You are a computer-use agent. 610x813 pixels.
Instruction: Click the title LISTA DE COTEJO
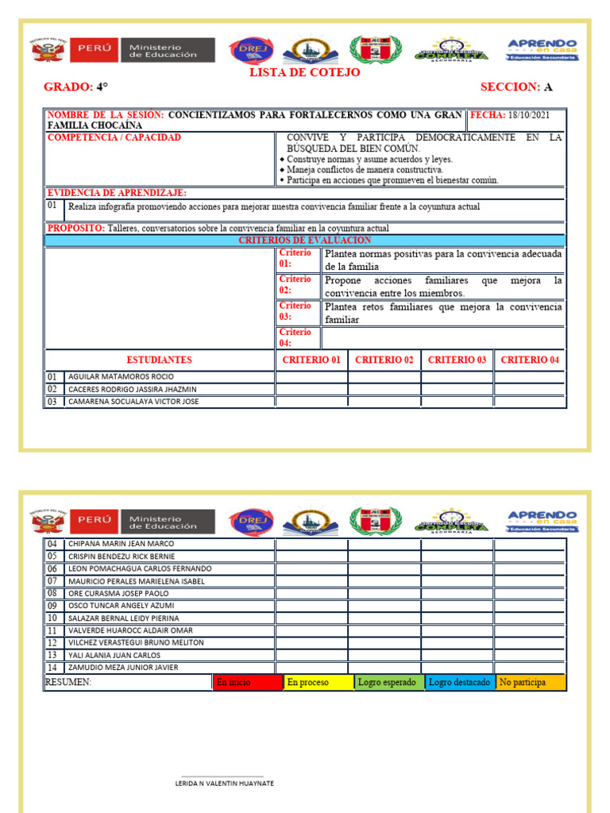pos(304,73)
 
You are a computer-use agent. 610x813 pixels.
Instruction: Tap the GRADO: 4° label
pos(76,87)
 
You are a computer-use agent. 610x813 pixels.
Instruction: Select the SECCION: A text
pos(516,87)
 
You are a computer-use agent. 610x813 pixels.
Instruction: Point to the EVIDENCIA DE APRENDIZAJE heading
pos(117,193)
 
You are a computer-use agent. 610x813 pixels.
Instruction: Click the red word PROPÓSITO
pos(76,228)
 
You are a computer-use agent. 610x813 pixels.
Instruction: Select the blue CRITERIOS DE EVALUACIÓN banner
pos(305,240)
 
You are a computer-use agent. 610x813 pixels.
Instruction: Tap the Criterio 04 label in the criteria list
pos(295,337)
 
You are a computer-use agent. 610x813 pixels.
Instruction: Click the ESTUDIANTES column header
pos(159,360)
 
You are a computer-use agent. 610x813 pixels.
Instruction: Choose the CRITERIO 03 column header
pos(457,360)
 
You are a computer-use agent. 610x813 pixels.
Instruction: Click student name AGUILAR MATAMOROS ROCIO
pos(121,376)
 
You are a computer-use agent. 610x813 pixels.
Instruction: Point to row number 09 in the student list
pos(52,606)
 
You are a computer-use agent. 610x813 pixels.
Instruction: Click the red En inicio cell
pos(248,682)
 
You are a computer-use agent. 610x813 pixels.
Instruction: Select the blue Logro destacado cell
pos(459,682)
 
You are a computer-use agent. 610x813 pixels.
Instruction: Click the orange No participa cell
pos(530,682)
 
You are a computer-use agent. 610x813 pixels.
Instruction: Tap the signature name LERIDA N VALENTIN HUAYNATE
pos(224,783)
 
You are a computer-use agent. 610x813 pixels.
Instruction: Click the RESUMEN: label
pos(68,682)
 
